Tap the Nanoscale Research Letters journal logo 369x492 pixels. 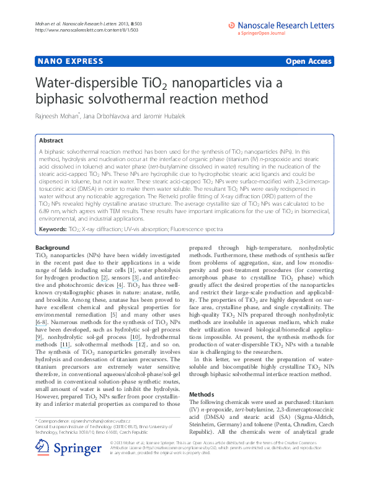(280, 25)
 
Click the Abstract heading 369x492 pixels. (52, 141)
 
